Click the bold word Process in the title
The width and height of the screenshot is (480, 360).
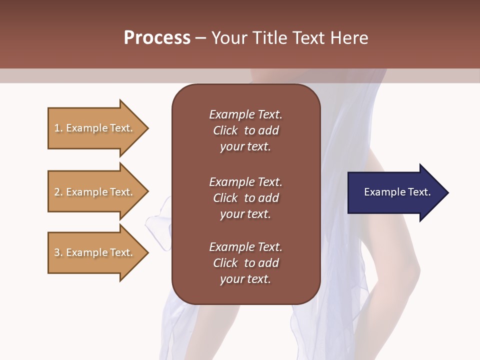[x=157, y=38]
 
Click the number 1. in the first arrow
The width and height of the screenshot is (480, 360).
[x=58, y=128]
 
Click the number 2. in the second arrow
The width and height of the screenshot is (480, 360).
[x=58, y=192]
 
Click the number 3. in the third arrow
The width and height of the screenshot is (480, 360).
[x=58, y=252]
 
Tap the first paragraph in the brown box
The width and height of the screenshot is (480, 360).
[x=245, y=130]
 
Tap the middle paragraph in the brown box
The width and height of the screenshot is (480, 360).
[x=245, y=198]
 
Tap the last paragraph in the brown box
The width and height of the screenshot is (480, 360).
[x=245, y=263]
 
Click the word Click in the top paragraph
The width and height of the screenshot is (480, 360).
[x=225, y=130]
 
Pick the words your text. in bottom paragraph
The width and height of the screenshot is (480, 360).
[x=245, y=279]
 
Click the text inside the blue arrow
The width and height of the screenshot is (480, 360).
[x=397, y=192]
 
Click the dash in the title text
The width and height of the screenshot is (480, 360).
[x=200, y=38]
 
